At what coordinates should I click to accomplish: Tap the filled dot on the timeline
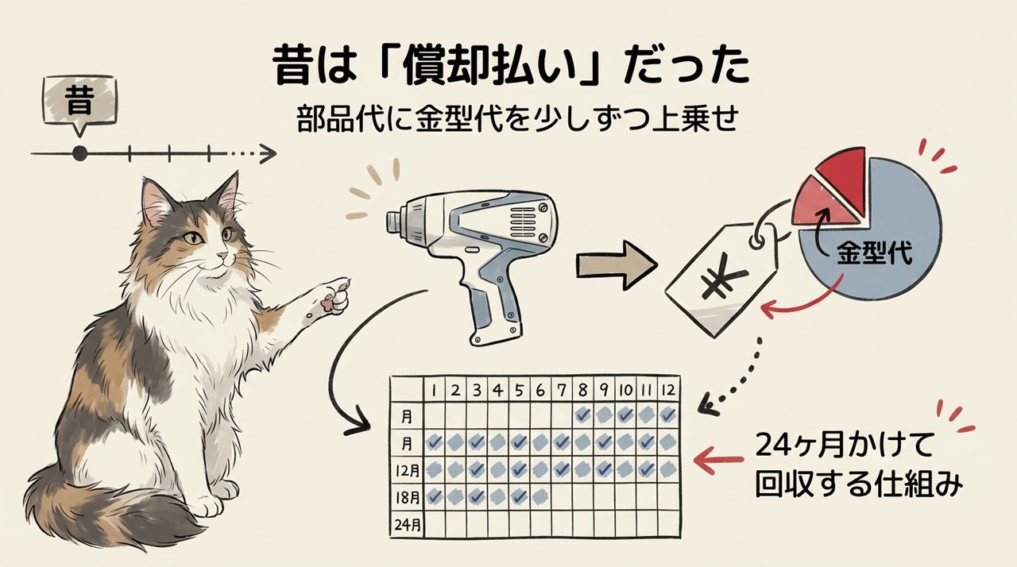(x=80, y=154)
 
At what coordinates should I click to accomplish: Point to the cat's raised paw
(x=334, y=297)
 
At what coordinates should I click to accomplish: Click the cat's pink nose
(x=222, y=256)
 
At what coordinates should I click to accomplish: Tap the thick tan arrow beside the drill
(x=617, y=265)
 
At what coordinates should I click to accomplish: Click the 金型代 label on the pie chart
(x=875, y=253)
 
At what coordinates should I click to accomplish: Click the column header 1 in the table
(x=435, y=391)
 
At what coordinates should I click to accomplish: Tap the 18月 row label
(x=408, y=497)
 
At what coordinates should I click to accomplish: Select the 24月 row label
(x=408, y=524)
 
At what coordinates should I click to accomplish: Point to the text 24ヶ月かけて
(x=845, y=445)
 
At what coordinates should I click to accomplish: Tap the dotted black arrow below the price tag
(x=736, y=381)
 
